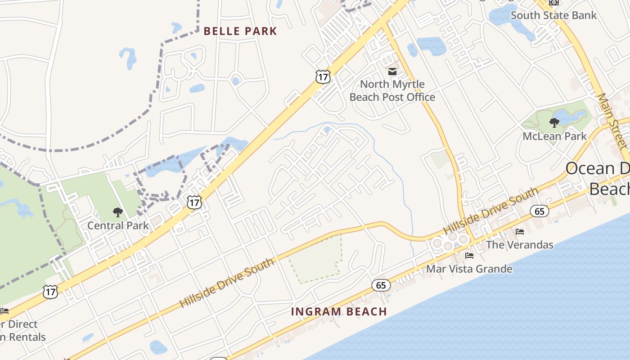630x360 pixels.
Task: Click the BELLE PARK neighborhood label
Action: (x=240, y=31)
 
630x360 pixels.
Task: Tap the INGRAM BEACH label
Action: (x=339, y=311)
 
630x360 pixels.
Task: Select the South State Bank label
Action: (x=553, y=15)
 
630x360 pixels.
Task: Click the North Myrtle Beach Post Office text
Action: (x=392, y=90)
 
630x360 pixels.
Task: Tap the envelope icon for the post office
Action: (x=392, y=71)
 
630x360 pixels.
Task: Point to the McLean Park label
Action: (x=554, y=136)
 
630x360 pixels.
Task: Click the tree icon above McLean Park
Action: (x=554, y=122)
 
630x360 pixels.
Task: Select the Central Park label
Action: (x=118, y=225)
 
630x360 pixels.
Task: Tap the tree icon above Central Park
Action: (x=118, y=212)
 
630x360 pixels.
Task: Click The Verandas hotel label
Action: (x=520, y=245)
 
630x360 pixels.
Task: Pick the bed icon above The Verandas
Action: (x=520, y=232)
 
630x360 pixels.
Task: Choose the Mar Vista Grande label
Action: (x=469, y=269)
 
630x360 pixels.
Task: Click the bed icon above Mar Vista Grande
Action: (x=469, y=256)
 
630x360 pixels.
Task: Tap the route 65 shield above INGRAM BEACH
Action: (x=381, y=285)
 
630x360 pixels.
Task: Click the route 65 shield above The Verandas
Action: (x=539, y=211)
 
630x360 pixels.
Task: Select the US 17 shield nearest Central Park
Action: (x=194, y=202)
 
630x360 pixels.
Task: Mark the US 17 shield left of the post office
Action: (x=323, y=77)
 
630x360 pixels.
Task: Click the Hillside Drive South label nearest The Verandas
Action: (x=490, y=211)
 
